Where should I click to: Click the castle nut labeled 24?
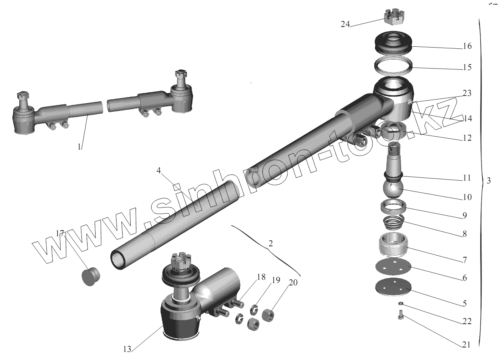(394, 17)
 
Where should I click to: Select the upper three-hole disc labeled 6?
(393, 266)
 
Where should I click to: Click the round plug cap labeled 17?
(90, 277)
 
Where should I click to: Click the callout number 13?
(127, 350)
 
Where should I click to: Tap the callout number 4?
(158, 171)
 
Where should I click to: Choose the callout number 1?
(79, 147)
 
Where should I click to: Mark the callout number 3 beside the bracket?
(489, 181)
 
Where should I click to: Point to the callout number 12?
(467, 138)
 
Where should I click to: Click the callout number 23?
(467, 93)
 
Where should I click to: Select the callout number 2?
(270, 243)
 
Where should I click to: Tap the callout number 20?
(293, 283)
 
